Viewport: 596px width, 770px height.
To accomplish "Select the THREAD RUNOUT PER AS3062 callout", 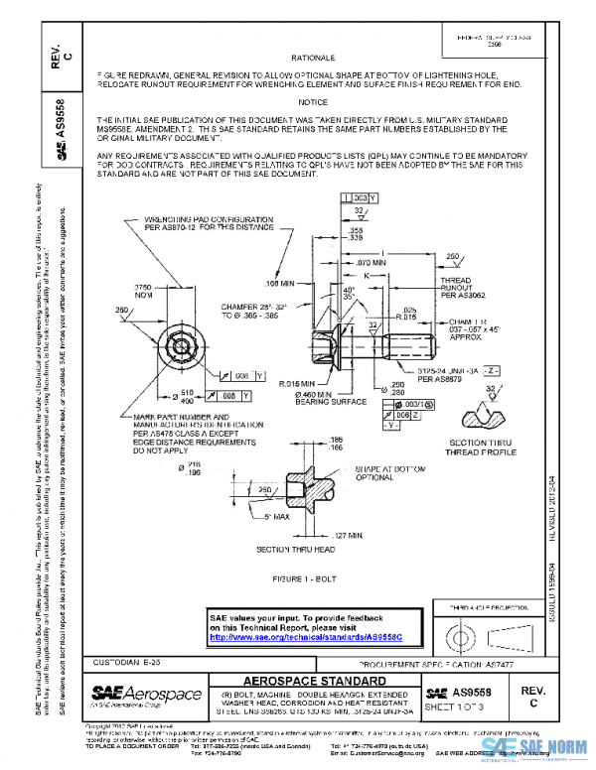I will pos(437,288).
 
